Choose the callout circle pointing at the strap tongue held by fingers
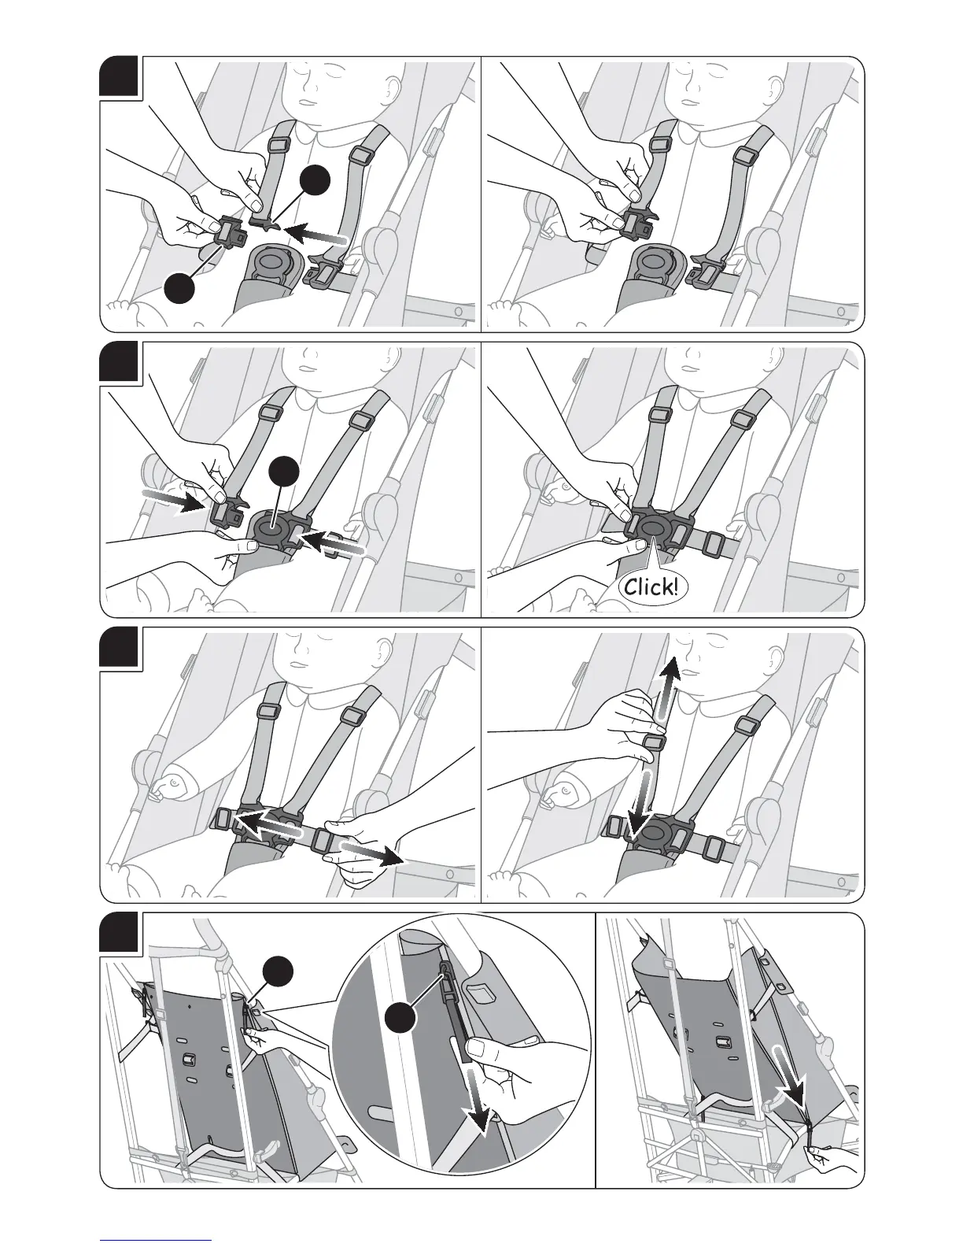click(x=315, y=183)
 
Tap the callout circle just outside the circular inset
click(x=279, y=971)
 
